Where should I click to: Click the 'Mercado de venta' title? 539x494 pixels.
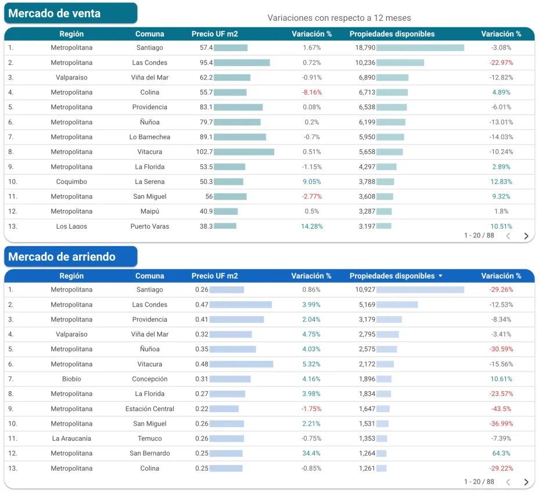[x=55, y=13]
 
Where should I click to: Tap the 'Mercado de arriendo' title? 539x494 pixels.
[x=62, y=257]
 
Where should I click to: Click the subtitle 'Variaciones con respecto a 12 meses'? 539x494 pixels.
[x=339, y=18]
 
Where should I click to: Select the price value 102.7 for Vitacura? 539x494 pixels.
[x=204, y=152]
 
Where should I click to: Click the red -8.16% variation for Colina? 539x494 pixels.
[x=311, y=92]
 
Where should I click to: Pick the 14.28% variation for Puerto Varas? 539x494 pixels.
[x=311, y=226]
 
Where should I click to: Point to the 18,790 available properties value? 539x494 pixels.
[x=365, y=48]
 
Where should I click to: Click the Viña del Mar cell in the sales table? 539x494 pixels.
[x=149, y=77]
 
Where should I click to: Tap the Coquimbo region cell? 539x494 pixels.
[x=71, y=182]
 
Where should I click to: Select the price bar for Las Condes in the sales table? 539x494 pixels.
[x=242, y=63]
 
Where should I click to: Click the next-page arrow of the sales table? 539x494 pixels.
[x=526, y=236]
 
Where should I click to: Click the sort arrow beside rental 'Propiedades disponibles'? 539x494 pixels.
[x=440, y=276]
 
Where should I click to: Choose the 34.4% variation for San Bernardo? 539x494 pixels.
[x=311, y=453]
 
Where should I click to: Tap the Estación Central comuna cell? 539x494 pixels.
[x=149, y=409]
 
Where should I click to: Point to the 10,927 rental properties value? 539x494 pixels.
[x=365, y=290]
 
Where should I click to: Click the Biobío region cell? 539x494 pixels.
[x=71, y=379]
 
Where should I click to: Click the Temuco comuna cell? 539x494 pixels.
[x=149, y=439]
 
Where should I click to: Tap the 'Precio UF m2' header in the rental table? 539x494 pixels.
[x=214, y=276]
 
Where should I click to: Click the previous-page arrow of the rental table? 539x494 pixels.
[x=508, y=482]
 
